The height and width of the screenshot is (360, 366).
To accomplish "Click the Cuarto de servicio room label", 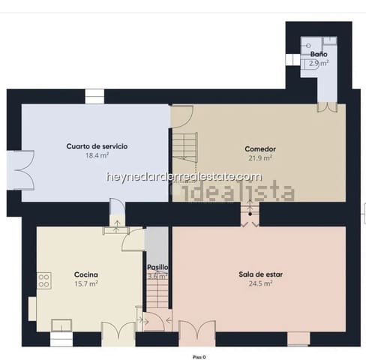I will point(96,146).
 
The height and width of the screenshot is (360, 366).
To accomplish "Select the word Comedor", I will point(260,148).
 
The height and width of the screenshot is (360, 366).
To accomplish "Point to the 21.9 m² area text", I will point(260,158).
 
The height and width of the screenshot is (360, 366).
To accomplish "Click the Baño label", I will point(319,55).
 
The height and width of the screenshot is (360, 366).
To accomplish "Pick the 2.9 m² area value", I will point(319,64).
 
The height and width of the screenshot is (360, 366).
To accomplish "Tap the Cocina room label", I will point(87,274).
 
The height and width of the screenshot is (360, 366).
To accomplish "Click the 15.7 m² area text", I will point(87,284).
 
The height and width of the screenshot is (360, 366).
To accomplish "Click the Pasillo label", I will point(157,267).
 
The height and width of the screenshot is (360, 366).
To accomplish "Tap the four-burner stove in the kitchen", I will point(43,280).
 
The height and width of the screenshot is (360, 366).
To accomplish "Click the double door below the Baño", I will point(326,107).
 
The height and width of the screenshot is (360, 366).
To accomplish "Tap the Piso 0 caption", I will point(199,357).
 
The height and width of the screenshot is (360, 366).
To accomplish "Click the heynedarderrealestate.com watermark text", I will point(184,177).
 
